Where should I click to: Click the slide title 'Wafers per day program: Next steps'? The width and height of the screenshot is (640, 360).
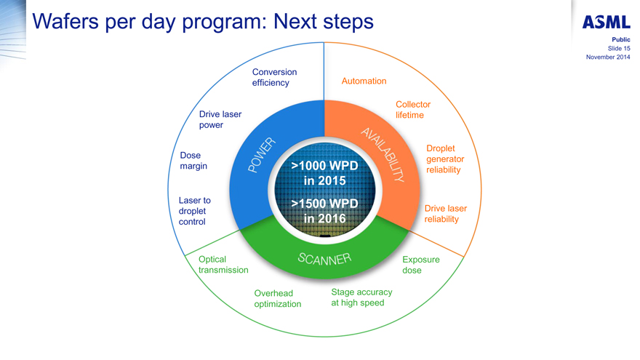[x=204, y=22]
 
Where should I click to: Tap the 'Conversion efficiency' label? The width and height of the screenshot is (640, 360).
[x=274, y=77]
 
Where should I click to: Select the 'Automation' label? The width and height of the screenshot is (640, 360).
[x=364, y=81]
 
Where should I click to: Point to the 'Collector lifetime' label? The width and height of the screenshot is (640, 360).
[x=412, y=110]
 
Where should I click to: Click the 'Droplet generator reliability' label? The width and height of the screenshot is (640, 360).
[x=444, y=159]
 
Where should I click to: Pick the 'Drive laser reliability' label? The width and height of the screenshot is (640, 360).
[x=445, y=214]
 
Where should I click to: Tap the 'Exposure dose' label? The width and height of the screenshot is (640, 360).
[x=420, y=265]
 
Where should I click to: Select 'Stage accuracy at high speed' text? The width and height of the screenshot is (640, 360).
[x=361, y=297]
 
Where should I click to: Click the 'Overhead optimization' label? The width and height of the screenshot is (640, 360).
[x=277, y=299]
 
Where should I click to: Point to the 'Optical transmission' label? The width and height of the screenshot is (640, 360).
[x=223, y=265]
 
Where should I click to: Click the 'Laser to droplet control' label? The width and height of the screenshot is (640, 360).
[x=195, y=211]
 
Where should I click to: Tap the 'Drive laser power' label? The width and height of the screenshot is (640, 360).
[x=220, y=119]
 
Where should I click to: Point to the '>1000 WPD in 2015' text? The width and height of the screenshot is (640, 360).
[x=324, y=173]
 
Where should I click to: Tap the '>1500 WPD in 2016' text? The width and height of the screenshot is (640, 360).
[x=324, y=210]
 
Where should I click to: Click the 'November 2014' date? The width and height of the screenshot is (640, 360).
[x=607, y=57]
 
